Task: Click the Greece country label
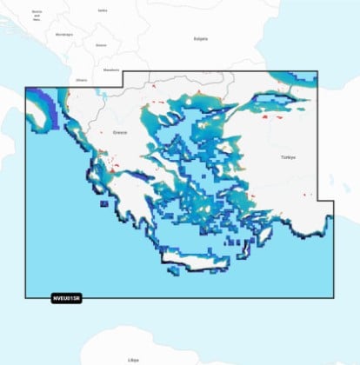point(120,133)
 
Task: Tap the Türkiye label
point(288,157)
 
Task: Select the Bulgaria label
point(200,38)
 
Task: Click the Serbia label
point(103,10)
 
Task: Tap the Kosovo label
point(102,44)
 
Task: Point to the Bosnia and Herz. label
point(37,15)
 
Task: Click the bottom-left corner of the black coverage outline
point(25,297)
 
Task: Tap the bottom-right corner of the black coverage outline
point(333,297)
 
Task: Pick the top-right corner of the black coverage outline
point(318,71)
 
